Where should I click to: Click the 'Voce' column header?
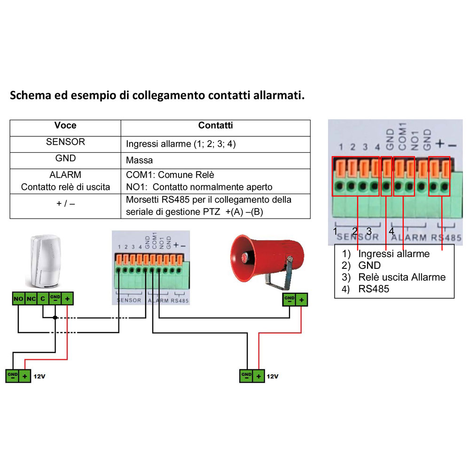click(65, 125)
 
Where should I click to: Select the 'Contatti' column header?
click(215, 125)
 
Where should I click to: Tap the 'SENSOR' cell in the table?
click(65, 141)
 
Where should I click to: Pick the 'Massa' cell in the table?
click(140, 160)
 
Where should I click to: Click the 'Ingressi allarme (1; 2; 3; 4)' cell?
click(181, 144)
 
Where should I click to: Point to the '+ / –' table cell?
click(65, 206)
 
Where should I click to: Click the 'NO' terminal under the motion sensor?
click(19, 298)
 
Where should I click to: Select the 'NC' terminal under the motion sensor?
click(31, 298)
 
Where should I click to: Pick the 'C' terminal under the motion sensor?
click(43, 298)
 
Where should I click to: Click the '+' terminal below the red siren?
click(301, 299)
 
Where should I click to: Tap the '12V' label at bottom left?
click(39, 376)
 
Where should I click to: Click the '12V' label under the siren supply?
click(273, 376)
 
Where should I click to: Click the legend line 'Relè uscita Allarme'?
click(402, 277)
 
